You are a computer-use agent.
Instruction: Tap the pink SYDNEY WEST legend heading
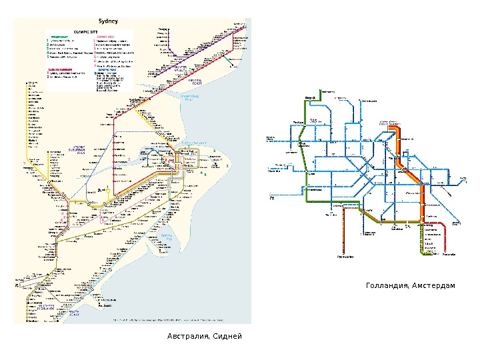106,37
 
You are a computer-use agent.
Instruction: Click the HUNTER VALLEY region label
180,69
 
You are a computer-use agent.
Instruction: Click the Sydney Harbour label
194,143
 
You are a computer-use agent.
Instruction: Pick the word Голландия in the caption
388,286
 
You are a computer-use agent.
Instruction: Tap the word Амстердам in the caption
434,286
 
